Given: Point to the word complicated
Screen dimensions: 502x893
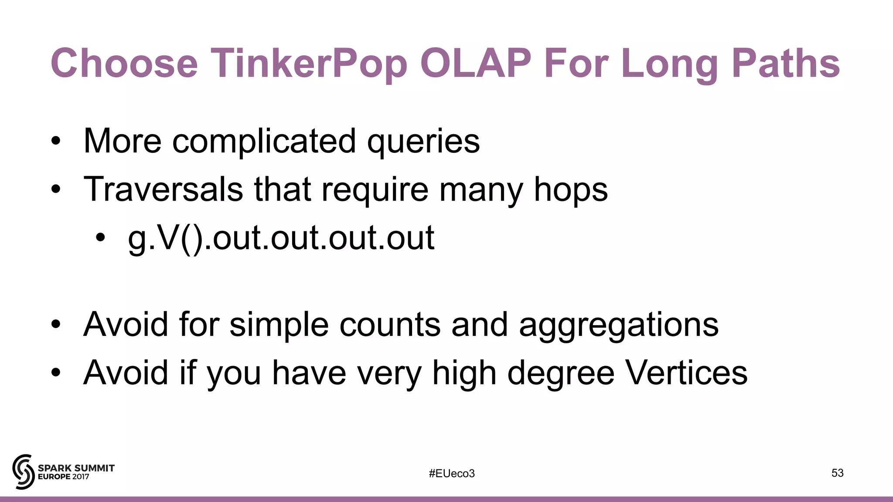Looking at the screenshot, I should pos(264,142).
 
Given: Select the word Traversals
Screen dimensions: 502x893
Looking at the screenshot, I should pos(163,189).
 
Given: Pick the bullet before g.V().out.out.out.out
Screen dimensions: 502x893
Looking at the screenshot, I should pos(101,238).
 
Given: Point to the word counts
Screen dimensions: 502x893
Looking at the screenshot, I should pos(390,325).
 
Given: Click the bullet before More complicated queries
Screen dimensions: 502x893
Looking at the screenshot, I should pos(55,141).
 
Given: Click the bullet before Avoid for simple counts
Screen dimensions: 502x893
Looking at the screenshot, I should pos(55,325).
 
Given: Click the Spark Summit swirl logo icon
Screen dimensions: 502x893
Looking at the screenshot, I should pos(23,471).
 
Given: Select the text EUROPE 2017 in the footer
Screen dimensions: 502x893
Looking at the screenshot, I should pos(64,477).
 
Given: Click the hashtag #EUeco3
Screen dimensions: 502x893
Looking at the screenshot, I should pos(451,473).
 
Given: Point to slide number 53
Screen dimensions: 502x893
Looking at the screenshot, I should pos(837,473).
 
